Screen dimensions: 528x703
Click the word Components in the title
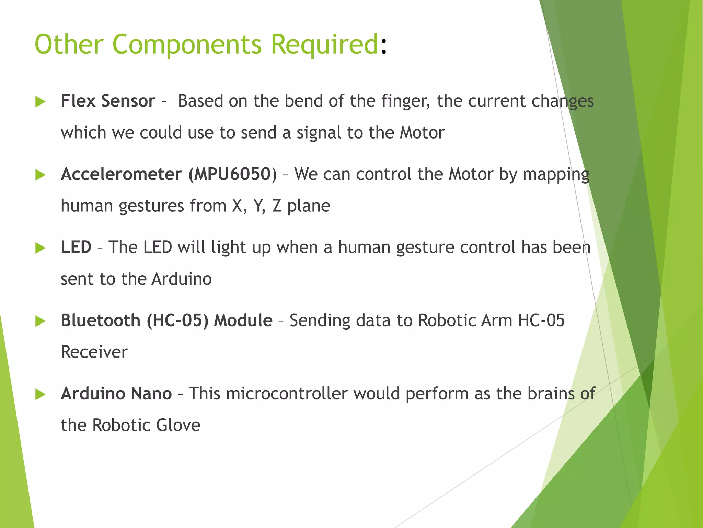pyautogui.click(x=187, y=45)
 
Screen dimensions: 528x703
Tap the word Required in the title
pyautogui.click(x=324, y=45)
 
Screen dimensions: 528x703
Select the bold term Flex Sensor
pyautogui.click(x=108, y=101)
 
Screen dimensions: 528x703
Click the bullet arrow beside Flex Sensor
pyautogui.click(x=40, y=102)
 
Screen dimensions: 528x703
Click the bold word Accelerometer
pyautogui.click(x=121, y=174)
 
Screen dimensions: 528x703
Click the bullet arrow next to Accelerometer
pyautogui.click(x=40, y=175)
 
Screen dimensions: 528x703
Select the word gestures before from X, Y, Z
pyautogui.click(x=151, y=206)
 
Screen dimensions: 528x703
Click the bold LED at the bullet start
pyautogui.click(x=76, y=247)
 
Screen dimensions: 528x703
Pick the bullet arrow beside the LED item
pyautogui.click(x=40, y=248)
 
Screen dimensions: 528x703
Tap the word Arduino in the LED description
pyautogui.click(x=182, y=279)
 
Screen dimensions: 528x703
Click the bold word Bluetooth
pyautogui.click(x=100, y=320)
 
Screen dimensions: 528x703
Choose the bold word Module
pyautogui.click(x=243, y=320)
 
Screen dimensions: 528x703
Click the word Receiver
pyautogui.click(x=94, y=352)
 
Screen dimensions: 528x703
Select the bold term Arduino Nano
pyautogui.click(x=116, y=394)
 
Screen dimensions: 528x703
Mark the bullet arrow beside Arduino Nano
pyautogui.click(x=40, y=394)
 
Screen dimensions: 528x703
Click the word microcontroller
pyautogui.click(x=287, y=394)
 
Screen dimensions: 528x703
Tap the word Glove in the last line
pyautogui.click(x=178, y=425)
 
